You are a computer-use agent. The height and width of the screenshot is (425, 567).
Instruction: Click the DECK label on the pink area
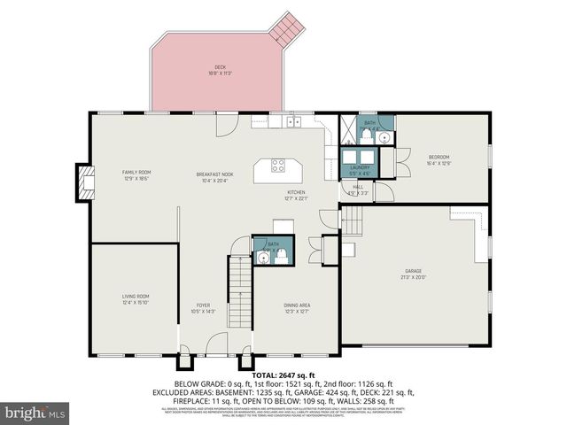click(x=220, y=70)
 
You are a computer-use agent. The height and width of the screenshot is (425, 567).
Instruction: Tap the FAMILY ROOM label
click(x=136, y=174)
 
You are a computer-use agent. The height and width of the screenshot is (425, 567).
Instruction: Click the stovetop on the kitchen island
click(x=278, y=165)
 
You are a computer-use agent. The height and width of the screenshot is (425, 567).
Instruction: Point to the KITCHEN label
click(x=295, y=195)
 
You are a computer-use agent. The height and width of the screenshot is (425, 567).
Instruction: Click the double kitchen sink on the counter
click(x=293, y=121)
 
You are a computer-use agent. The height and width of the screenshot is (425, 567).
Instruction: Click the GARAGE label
click(x=414, y=273)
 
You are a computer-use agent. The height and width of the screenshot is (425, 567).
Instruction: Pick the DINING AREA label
click(x=297, y=307)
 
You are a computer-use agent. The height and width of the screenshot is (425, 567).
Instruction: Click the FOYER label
click(x=203, y=307)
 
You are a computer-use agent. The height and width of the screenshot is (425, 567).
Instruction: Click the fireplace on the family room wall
click(x=85, y=182)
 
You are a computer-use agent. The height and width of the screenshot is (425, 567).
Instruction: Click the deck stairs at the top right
click(x=287, y=28)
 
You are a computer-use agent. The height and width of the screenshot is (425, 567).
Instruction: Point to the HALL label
click(x=359, y=189)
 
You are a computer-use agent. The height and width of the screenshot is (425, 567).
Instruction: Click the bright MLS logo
click(x=35, y=413)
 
